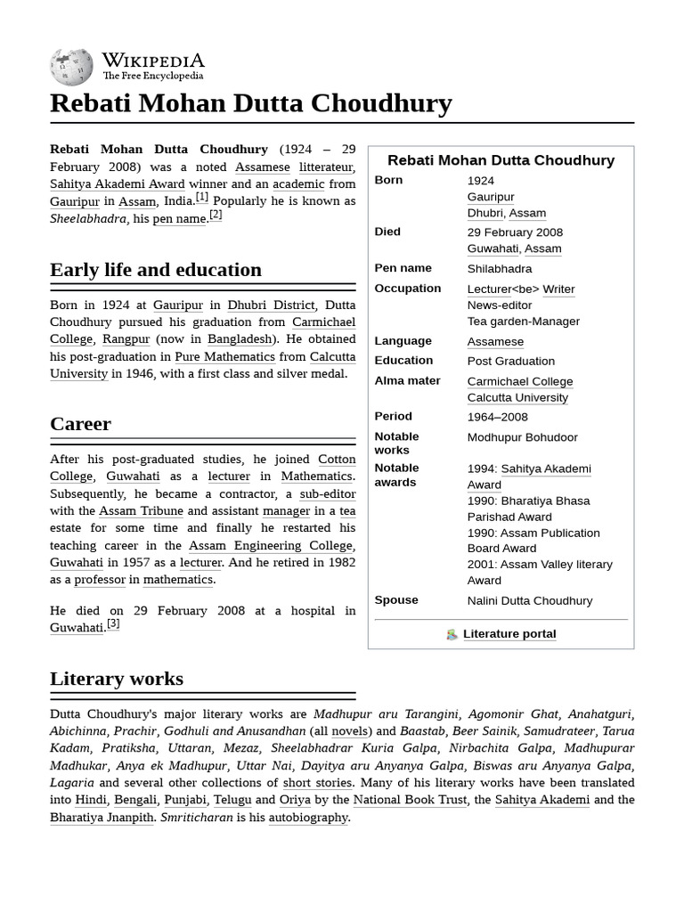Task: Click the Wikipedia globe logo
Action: click(x=72, y=66)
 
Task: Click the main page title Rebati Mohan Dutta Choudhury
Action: click(x=250, y=103)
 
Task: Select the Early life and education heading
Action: click(x=156, y=270)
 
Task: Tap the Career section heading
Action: click(x=80, y=424)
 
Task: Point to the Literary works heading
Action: click(x=117, y=679)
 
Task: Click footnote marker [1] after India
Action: click(x=202, y=198)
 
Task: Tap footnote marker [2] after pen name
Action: click(x=216, y=216)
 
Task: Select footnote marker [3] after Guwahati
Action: click(x=113, y=624)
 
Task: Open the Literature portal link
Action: click(x=509, y=634)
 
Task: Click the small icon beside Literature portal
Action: click(x=452, y=635)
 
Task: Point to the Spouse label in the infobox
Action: click(x=396, y=600)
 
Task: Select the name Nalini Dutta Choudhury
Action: click(x=529, y=601)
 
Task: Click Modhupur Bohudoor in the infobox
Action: click(x=522, y=437)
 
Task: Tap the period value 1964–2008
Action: click(x=497, y=417)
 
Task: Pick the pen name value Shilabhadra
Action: click(x=499, y=269)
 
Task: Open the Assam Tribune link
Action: click(x=141, y=511)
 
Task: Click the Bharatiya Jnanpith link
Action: click(x=102, y=818)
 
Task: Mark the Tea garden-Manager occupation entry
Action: click(x=523, y=322)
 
